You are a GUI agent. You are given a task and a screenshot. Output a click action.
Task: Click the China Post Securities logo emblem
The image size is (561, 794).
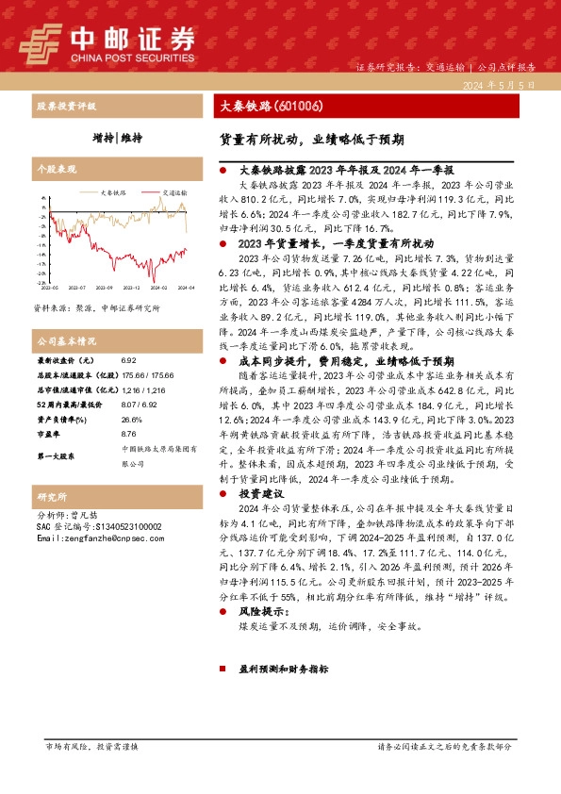tap(40, 41)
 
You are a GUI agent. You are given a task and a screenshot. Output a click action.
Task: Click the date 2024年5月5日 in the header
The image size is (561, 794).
tap(500, 84)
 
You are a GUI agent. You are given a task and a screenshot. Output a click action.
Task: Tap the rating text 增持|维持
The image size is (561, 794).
tap(118, 138)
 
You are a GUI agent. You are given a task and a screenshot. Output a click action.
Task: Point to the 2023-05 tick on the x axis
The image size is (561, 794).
tap(49, 288)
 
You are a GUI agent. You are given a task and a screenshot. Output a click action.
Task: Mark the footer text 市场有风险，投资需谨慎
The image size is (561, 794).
tap(91, 746)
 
